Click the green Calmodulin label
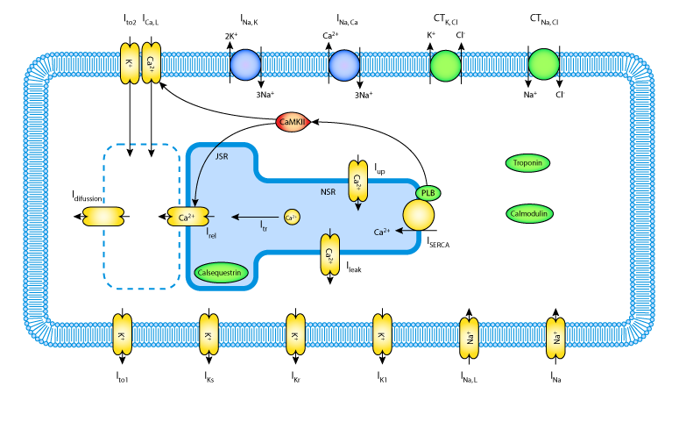coord(529,213)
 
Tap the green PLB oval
coord(428,193)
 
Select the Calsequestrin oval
coord(221,273)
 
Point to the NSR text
coord(328,191)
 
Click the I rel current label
coord(211,233)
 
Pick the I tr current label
coord(264,226)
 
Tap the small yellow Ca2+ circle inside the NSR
coord(292,217)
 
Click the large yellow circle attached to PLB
coord(419,215)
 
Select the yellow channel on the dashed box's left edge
coord(103,216)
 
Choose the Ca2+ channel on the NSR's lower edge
coord(329,254)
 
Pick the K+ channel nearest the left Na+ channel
coord(382,334)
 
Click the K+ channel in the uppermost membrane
coord(130,63)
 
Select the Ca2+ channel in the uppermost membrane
coord(152,63)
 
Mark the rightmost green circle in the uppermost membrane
coord(544,64)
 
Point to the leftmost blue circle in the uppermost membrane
coord(245,65)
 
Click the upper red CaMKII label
coord(292,122)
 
